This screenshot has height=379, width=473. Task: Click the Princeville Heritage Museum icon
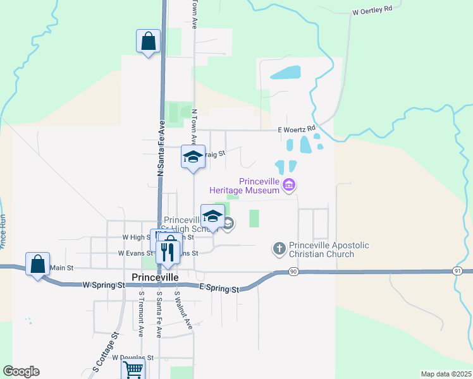[290, 185]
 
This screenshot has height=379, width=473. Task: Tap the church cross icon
[279, 248]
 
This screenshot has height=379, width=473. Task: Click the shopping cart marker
[133, 370]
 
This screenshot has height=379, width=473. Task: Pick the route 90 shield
[293, 271]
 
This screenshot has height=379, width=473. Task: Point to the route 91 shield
[457, 270]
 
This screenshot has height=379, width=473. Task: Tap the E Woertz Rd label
[297, 129]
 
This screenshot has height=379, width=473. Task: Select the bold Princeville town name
[156, 277]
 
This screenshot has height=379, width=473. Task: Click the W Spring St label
[104, 286]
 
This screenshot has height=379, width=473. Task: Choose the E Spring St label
[219, 289]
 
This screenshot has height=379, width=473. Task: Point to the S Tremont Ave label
[142, 313]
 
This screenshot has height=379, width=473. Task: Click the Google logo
[21, 371]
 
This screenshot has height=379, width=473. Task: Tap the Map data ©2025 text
[446, 374]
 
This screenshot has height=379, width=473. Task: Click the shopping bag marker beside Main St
[38, 264]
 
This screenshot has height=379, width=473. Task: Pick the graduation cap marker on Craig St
[193, 157]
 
